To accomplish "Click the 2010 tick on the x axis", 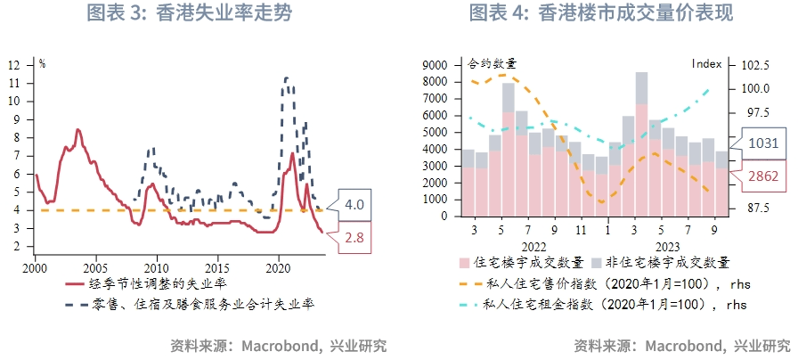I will pyautogui.click(x=157, y=266).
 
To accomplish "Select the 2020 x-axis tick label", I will pyautogui.click(x=279, y=266).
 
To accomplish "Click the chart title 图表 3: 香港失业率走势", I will pyautogui.click(x=189, y=13).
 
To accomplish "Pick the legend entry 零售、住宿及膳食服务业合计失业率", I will pyautogui.click(x=204, y=304).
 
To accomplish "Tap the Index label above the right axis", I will pyautogui.click(x=706, y=64).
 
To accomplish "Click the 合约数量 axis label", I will pyautogui.click(x=492, y=64).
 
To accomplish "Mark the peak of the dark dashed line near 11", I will pyautogui.click(x=285, y=78).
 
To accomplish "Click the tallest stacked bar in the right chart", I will pyautogui.click(x=641, y=143).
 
